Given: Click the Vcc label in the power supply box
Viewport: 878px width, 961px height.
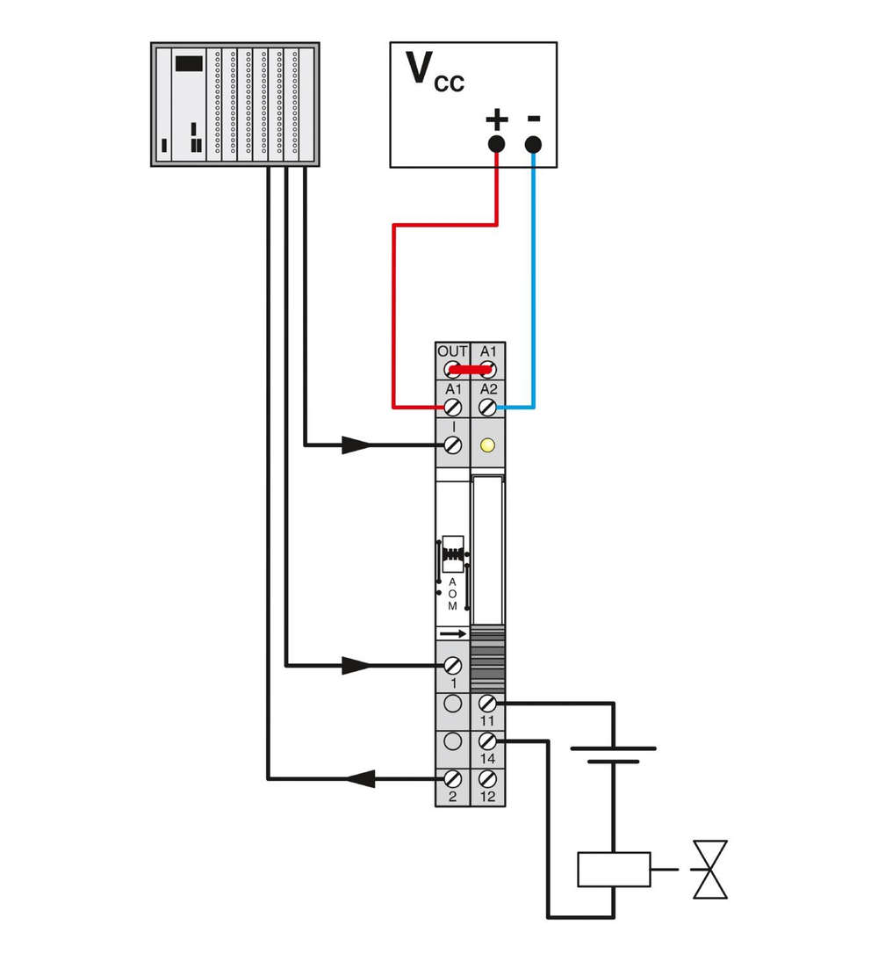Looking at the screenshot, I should point(434,73).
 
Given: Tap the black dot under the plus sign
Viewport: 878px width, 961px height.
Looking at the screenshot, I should point(496,145).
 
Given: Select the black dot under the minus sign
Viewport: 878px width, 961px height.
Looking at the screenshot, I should point(533,145).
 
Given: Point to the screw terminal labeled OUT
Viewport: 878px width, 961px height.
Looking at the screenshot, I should point(453,369).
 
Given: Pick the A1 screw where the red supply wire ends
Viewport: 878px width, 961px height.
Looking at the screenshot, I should point(453,407).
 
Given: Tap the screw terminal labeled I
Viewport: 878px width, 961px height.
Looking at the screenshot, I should point(453,445).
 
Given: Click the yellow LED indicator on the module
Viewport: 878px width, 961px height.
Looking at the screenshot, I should point(488,445).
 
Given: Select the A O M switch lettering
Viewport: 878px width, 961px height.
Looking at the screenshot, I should point(453,594).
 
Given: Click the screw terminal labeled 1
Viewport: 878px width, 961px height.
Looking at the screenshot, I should point(453,665).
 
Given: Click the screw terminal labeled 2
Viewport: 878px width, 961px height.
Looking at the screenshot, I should point(453,778).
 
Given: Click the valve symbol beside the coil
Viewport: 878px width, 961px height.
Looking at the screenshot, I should point(710,870).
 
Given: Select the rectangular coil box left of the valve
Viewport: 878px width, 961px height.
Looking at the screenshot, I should point(614,870).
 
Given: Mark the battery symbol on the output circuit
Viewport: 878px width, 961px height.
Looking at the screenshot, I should point(613,755).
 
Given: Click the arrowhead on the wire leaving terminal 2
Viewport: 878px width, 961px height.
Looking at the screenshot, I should point(359,778).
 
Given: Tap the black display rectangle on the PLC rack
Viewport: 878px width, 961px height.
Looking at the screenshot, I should point(189,63).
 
